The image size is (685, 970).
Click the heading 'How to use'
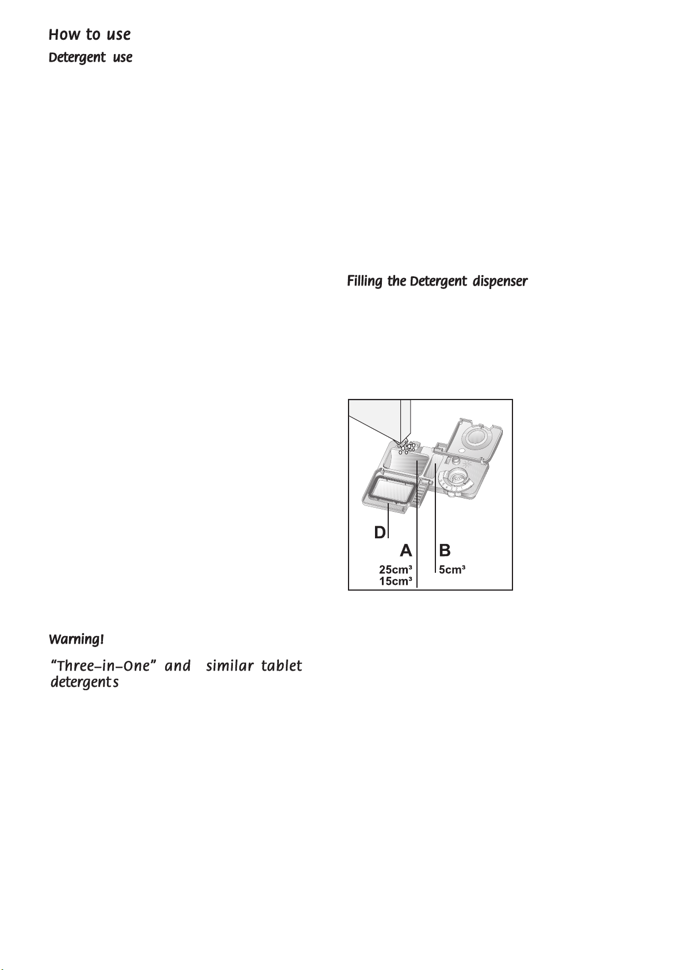[x=90, y=35]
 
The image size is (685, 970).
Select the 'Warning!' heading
[x=76, y=640]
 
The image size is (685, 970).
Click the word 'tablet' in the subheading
[x=281, y=666]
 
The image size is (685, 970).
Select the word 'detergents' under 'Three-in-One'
[x=85, y=683]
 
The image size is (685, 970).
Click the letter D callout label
[x=380, y=533]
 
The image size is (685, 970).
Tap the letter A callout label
[x=406, y=551]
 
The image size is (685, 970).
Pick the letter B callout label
[x=445, y=551]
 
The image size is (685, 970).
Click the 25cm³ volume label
[x=395, y=570]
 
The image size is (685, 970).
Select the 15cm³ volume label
[x=395, y=581]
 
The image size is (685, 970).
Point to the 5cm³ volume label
[x=452, y=570]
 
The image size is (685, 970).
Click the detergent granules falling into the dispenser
[x=406, y=447]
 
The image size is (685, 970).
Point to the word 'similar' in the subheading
[x=225, y=666]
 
